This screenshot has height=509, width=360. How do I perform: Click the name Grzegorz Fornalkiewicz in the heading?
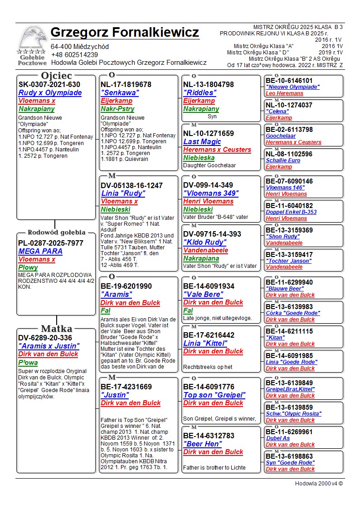(x=125, y=33)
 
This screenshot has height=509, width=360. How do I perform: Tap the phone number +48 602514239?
(x=74, y=55)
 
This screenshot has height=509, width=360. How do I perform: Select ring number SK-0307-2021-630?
(x=49, y=85)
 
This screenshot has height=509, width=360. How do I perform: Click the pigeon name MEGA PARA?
(x=40, y=251)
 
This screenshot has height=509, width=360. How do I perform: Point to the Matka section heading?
(x=56, y=329)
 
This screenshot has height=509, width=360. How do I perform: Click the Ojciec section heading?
(x=56, y=76)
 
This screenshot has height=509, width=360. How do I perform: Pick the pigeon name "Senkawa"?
(x=120, y=93)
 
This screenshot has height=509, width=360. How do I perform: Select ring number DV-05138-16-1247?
(x=131, y=185)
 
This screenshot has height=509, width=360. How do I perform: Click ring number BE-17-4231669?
(x=126, y=387)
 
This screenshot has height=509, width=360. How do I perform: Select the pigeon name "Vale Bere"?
(x=203, y=295)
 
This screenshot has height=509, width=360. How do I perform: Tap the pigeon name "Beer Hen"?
(x=203, y=444)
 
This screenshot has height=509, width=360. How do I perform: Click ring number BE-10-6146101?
(x=289, y=81)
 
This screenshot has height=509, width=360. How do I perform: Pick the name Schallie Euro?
(x=283, y=160)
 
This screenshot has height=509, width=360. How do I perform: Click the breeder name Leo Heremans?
(x=284, y=93)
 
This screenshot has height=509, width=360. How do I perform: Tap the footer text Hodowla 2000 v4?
(x=319, y=484)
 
